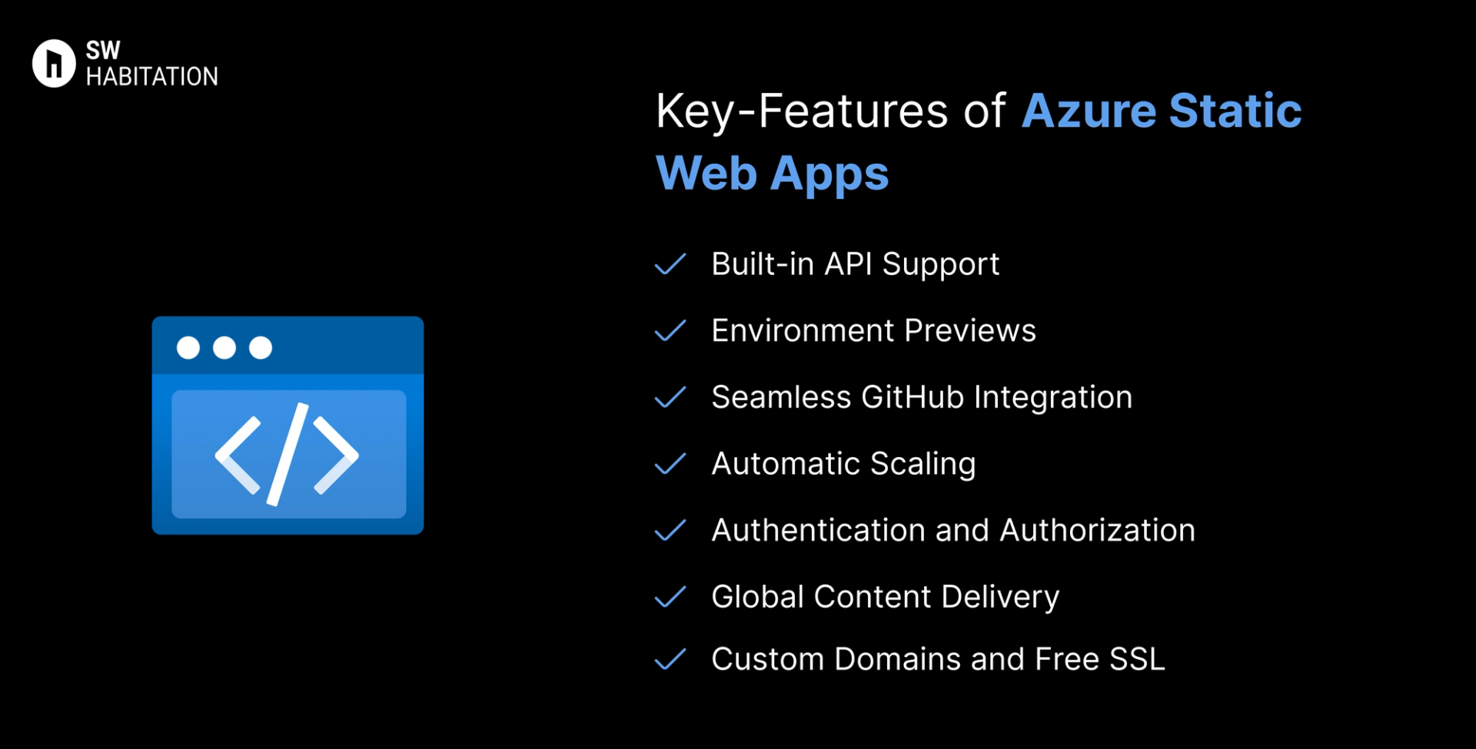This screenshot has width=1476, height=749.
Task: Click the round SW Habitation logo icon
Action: [54, 63]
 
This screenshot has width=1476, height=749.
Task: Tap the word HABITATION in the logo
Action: [152, 77]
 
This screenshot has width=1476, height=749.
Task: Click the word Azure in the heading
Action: [1089, 111]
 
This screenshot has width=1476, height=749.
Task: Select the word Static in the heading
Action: [1235, 111]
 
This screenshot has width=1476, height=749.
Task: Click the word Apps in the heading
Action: [829, 175]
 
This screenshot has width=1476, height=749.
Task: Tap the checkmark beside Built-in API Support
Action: [670, 264]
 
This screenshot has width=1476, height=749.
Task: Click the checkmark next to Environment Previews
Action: [670, 331]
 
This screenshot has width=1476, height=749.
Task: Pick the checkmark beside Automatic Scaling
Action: [670, 464]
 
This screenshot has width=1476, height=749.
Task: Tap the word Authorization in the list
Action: [1097, 530]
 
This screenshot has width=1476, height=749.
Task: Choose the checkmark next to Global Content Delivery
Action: [670, 597]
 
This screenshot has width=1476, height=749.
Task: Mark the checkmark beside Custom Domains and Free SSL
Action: [670, 659]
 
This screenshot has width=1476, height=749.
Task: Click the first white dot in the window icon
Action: [188, 348]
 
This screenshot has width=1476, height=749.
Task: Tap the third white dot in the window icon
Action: [261, 348]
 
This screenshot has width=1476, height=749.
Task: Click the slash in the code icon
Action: [288, 455]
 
